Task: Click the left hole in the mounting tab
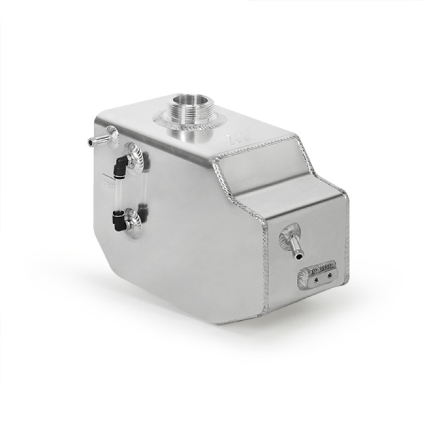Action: point(316,277)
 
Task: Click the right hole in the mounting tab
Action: point(329,275)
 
